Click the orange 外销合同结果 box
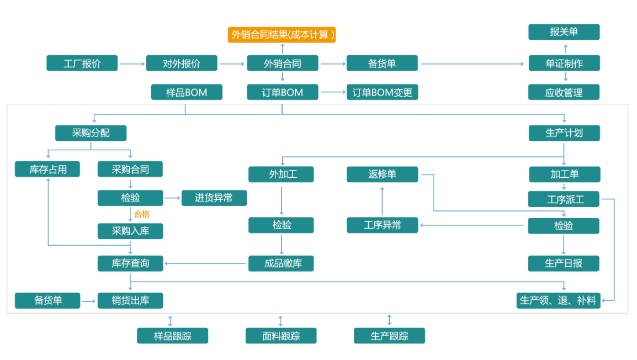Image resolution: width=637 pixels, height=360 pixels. (282, 35)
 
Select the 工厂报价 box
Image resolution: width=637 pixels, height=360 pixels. (82, 63)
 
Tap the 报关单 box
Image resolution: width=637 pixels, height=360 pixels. (564, 32)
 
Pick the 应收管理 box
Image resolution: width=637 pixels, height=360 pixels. (564, 92)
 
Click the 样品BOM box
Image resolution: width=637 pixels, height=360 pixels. (187, 92)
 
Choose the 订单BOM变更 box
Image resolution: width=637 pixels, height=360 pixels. (383, 92)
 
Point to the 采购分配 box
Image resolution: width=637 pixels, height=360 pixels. (91, 133)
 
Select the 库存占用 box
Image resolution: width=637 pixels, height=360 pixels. (47, 169)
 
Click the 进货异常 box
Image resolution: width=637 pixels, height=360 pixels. (214, 198)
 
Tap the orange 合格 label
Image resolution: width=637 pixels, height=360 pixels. (142, 214)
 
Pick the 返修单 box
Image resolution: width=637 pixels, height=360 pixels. (383, 174)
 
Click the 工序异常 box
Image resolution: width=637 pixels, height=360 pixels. (383, 225)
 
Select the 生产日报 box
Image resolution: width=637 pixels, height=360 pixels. (564, 263)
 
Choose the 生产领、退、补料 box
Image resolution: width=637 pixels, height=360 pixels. (558, 301)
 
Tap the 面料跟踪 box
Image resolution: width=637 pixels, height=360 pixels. (281, 336)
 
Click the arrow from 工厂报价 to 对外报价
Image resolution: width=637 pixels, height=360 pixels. (132, 64)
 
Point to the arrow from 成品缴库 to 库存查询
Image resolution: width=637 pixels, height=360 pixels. (205, 263)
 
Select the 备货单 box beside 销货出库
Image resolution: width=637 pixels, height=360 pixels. (47, 301)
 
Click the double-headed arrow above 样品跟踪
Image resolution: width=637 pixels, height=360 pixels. (170, 321)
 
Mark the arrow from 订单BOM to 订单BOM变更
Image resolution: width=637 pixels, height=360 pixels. (333, 92)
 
